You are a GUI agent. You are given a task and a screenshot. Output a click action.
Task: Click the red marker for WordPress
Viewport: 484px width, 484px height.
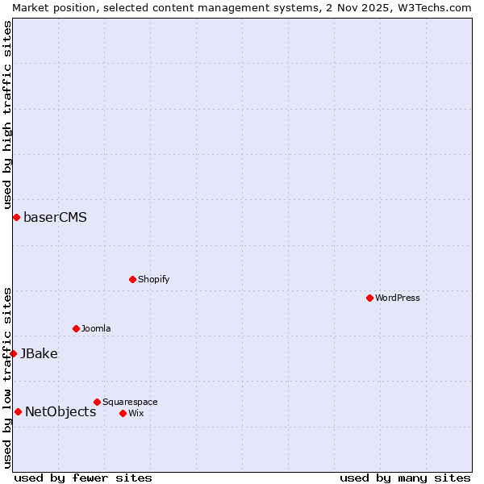(x=369, y=298)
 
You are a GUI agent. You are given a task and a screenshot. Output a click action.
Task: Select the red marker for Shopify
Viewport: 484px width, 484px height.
(x=132, y=279)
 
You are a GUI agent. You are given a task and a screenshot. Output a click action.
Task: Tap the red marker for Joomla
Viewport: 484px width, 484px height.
(x=76, y=328)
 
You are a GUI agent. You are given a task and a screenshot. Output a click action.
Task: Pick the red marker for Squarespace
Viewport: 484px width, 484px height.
(x=97, y=402)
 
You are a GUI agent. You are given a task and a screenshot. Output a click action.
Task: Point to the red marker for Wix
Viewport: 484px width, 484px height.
(x=123, y=413)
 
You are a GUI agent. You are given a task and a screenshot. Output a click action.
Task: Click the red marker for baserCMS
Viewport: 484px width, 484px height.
(x=16, y=217)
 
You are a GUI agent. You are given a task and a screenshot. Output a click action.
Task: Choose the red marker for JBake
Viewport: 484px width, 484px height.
(x=13, y=353)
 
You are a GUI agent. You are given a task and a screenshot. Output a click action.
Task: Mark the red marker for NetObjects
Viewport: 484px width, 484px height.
(x=18, y=411)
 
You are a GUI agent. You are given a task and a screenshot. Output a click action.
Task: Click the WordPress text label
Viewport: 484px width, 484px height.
(x=398, y=298)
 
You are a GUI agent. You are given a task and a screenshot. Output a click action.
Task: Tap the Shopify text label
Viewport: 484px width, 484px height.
(x=153, y=279)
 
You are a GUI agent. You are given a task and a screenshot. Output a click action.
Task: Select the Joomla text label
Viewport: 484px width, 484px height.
(x=96, y=328)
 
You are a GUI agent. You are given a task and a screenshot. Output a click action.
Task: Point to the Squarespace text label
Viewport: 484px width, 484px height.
(x=130, y=402)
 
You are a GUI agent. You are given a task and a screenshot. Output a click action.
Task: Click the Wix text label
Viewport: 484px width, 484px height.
(x=136, y=413)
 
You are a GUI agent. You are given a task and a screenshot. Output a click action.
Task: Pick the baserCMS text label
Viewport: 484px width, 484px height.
(x=55, y=217)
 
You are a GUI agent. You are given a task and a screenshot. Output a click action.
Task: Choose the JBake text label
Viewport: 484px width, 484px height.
(x=39, y=353)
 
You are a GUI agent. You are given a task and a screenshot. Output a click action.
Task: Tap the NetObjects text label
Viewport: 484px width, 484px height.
(x=60, y=411)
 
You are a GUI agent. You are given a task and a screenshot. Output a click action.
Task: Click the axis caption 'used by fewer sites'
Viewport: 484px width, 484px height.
(x=83, y=478)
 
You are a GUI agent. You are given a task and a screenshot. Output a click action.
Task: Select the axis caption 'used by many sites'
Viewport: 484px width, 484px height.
(x=405, y=478)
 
